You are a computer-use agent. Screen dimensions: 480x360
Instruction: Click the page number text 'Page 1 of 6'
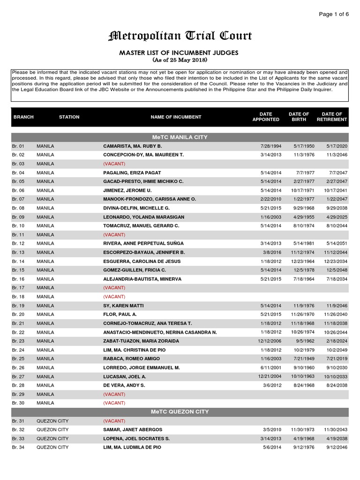334,14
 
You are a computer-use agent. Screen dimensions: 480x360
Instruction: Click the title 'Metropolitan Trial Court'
180,36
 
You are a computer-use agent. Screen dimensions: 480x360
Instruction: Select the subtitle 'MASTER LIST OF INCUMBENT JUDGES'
180,53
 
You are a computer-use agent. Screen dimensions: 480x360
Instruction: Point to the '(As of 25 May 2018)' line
180,60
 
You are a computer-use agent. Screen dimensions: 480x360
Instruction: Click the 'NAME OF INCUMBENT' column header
176,117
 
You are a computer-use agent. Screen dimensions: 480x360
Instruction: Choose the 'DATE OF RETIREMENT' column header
332,117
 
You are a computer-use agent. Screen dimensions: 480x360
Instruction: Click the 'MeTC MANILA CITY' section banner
180,137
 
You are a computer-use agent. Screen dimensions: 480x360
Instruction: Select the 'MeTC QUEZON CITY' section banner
180,412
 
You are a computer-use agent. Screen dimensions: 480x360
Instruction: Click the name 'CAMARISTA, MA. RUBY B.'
133,146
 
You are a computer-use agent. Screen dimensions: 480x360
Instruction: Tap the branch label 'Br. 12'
18,243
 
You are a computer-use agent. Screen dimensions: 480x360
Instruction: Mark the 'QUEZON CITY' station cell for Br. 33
52,438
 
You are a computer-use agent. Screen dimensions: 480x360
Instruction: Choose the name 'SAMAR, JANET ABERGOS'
133,429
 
